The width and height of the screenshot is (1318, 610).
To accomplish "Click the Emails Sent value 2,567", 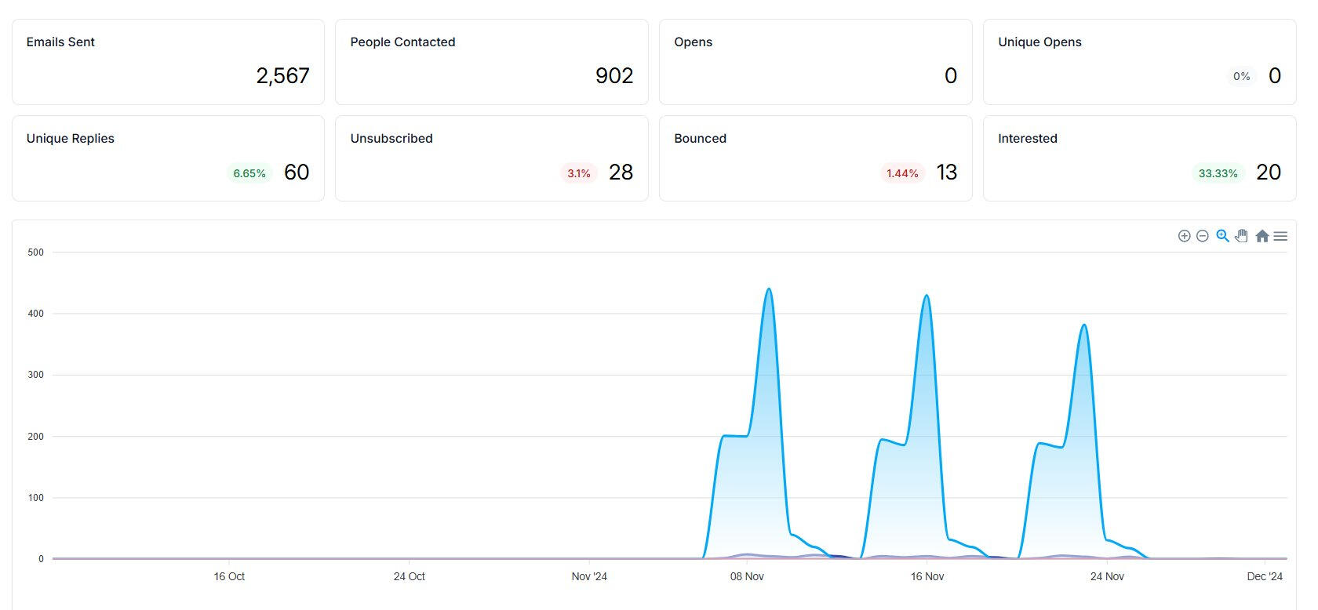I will (x=282, y=75).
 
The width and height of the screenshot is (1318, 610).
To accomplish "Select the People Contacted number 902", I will (x=614, y=75).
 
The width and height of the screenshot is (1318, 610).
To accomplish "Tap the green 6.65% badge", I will (x=249, y=173).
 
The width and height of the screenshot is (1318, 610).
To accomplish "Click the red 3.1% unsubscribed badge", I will (x=579, y=173).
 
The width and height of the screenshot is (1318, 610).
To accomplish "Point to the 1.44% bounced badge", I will (x=902, y=173).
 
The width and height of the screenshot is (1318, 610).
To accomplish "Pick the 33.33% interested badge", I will (x=1218, y=173).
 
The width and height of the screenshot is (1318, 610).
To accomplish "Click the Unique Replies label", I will (x=71, y=138).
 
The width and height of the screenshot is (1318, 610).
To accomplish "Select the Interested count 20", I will (x=1269, y=172).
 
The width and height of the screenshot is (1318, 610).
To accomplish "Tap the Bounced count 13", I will (x=947, y=172).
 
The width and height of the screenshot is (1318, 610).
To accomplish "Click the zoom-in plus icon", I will (x=1185, y=236).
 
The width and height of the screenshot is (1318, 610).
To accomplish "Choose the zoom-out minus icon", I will (x=1203, y=236).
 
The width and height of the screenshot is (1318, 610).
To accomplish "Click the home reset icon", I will (x=1262, y=236).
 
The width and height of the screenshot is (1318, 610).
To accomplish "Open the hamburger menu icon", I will (x=1280, y=236).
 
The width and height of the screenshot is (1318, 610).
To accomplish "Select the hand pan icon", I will (x=1241, y=236).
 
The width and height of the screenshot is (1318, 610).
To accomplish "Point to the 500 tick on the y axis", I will (x=35, y=252).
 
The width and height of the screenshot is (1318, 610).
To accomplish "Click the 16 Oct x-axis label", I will (x=229, y=576).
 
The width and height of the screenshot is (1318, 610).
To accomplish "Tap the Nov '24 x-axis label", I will (x=589, y=576).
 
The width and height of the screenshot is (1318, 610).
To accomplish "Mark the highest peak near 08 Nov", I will (x=769, y=289).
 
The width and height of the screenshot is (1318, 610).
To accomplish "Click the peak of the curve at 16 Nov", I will (x=927, y=296).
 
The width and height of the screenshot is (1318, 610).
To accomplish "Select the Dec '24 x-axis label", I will (x=1265, y=576).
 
